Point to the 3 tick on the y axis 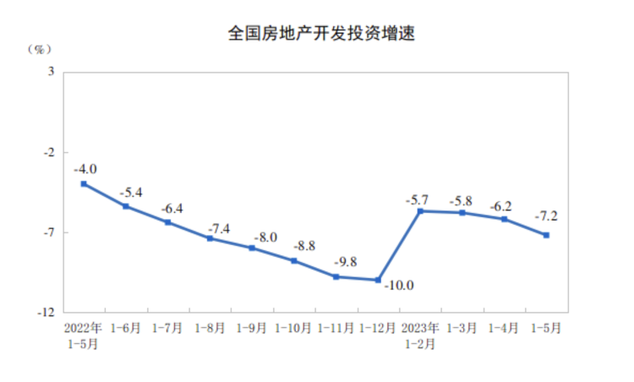[x=51, y=72]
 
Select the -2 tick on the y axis [x=49, y=152]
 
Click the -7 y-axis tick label [x=49, y=232]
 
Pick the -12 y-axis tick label [x=46, y=312]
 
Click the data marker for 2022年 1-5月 [x=83, y=183]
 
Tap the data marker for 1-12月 [x=378, y=280]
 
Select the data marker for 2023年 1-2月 [x=420, y=210]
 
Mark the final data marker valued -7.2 [x=546, y=235]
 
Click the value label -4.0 [x=85, y=168]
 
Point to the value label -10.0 [x=399, y=286]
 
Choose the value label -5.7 [x=417, y=200]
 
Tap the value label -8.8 [x=304, y=247]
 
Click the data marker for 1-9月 [x=252, y=248]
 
